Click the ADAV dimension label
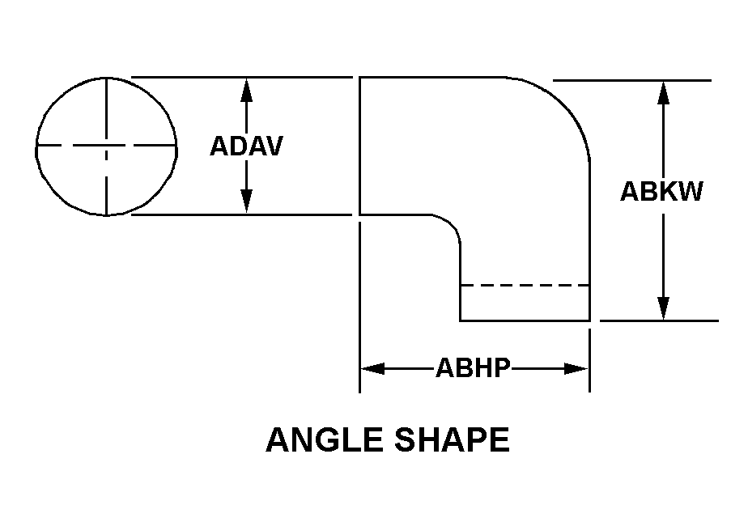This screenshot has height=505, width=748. (x=246, y=146)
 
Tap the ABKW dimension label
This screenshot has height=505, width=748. (x=661, y=191)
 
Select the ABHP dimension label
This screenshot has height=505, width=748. (x=473, y=367)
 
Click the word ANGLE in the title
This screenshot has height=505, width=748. (x=325, y=439)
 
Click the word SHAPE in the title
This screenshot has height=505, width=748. (x=452, y=439)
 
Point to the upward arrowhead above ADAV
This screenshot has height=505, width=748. (x=246, y=91)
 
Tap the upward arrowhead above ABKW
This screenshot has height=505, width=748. (x=663, y=93)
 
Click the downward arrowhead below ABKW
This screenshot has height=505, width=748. (x=663, y=308)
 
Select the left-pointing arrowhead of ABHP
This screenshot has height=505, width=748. (x=372, y=368)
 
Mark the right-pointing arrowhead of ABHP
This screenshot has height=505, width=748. (x=576, y=368)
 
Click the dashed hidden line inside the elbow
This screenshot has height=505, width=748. (x=525, y=285)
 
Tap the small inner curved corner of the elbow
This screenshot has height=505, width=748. (x=451, y=224)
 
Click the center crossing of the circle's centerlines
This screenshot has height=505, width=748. (x=106, y=145)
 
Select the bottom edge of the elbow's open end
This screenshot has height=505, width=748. (x=525, y=320)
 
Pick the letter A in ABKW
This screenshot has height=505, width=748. (x=630, y=191)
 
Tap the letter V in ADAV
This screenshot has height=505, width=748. (x=274, y=146)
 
